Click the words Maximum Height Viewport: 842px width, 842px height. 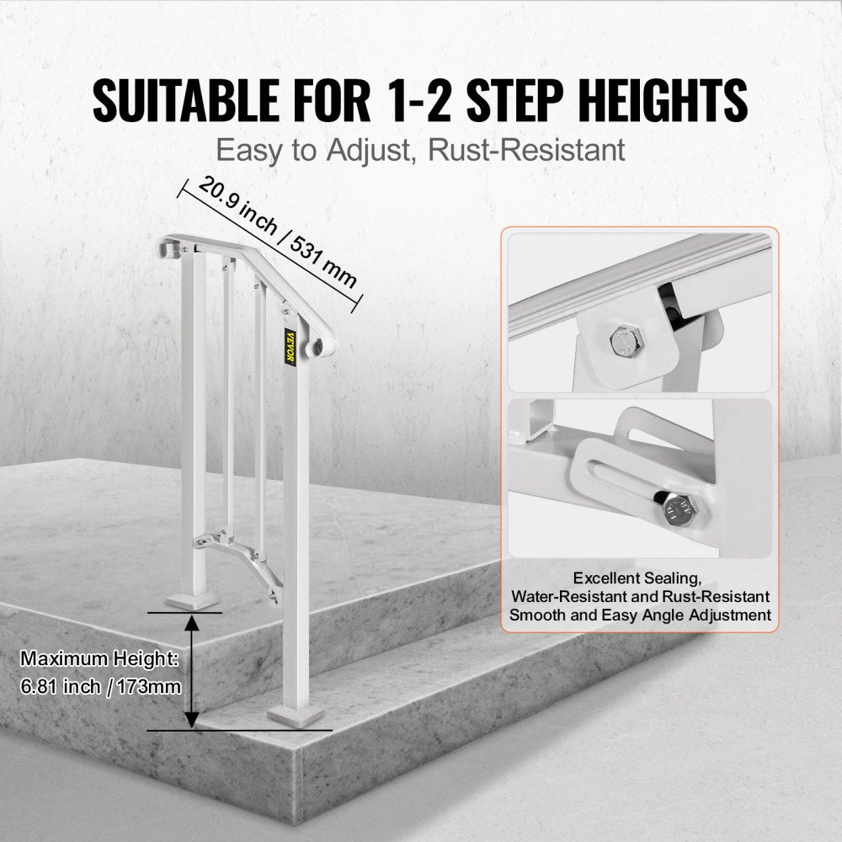tap(99, 658)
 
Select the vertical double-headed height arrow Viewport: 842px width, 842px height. tap(192, 670)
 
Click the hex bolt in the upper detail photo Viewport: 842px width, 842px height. tap(621, 340)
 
